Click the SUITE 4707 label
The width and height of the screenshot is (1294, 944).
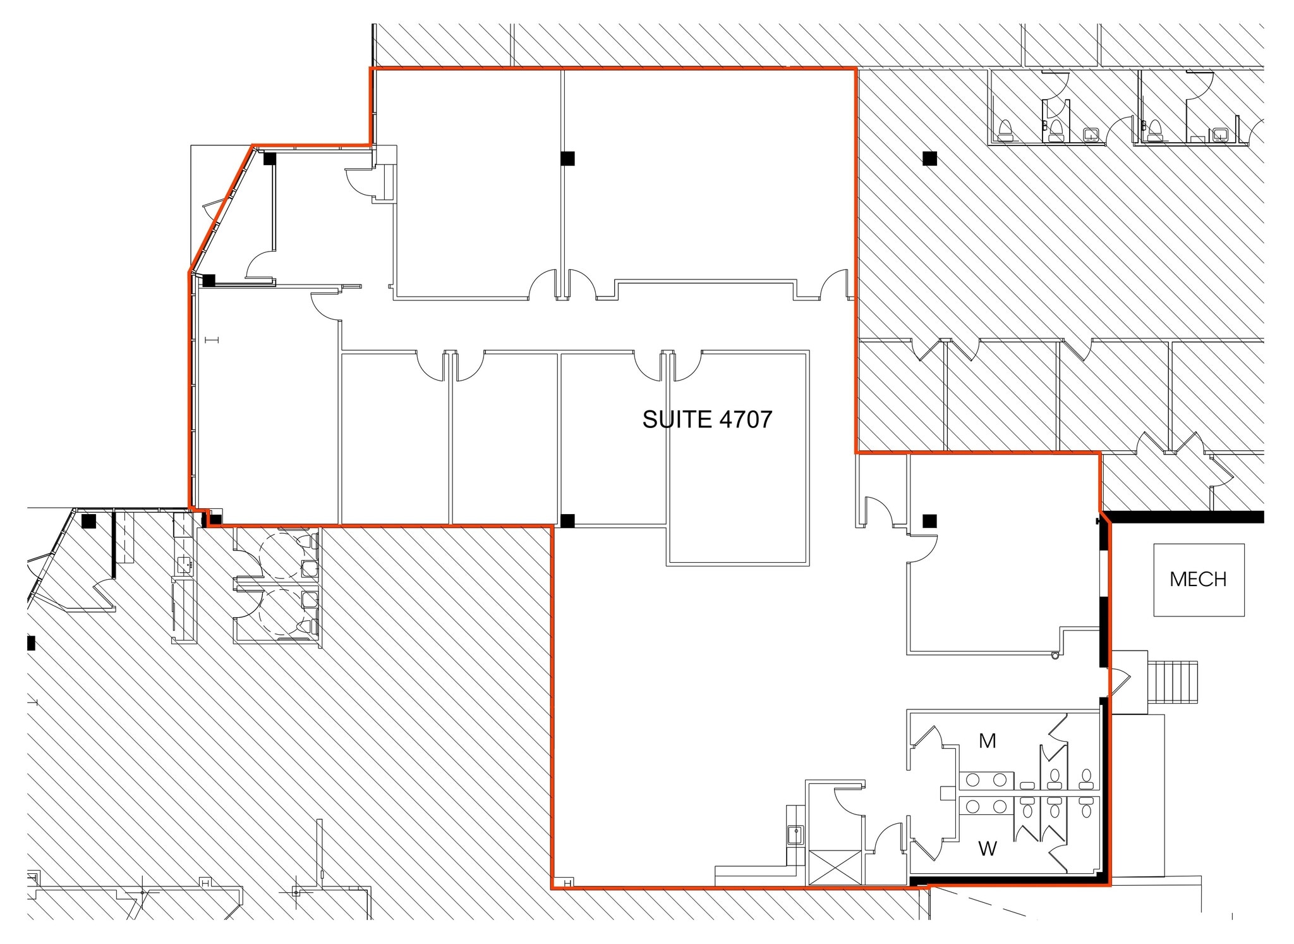[x=707, y=419]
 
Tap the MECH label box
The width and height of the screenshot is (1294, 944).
[x=1199, y=579]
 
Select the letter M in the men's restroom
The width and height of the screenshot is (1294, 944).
[x=988, y=740]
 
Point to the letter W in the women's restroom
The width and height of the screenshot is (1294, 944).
[x=988, y=849]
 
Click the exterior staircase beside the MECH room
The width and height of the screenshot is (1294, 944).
[x=1173, y=682]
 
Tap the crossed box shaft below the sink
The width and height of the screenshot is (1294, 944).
[x=834, y=867]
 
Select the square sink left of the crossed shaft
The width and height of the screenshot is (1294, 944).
[x=795, y=835]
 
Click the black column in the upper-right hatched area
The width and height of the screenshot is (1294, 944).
[x=929, y=158]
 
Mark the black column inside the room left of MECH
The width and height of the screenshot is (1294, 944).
[x=929, y=521]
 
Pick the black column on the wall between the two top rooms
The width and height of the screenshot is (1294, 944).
[x=567, y=158]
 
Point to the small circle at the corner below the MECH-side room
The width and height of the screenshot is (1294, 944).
[x=1055, y=656]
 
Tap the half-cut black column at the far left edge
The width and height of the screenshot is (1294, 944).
[x=31, y=643]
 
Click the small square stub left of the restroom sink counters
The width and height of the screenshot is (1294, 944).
[x=946, y=793]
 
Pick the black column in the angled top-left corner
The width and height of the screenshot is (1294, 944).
[x=270, y=159]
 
